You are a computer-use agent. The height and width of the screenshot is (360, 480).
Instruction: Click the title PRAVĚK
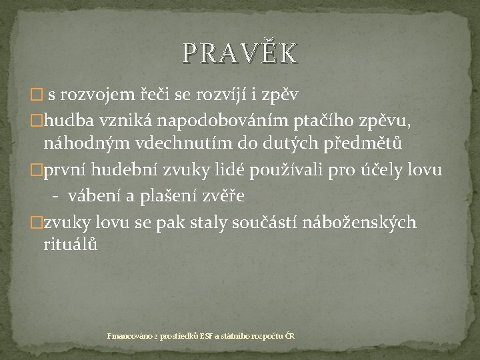tap(239, 53)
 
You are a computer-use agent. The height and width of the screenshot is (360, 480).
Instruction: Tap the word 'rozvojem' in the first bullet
tap(99, 94)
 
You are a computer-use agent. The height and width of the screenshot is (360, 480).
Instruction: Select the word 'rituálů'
tap(71, 245)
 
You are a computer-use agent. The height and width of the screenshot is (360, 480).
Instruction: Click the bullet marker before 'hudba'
tap(38, 119)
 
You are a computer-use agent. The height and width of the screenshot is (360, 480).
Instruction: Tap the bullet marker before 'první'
tap(38, 171)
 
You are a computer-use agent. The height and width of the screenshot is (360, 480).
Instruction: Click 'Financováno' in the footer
tap(129, 336)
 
